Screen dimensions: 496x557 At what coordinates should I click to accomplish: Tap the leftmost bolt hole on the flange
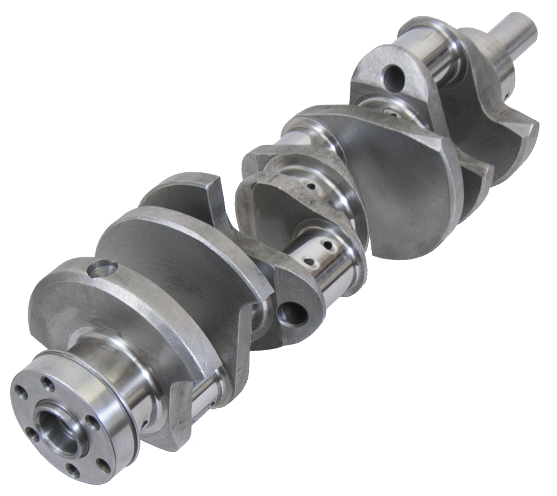point(21,392)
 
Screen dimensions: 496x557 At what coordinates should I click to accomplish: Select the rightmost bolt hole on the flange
point(103,464)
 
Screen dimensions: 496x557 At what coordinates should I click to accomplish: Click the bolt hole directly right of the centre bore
point(90,421)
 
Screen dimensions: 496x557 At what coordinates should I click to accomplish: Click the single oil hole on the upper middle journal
point(310,185)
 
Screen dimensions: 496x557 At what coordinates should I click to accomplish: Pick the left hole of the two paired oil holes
point(309,261)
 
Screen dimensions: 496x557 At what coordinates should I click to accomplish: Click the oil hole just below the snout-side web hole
point(390,111)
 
